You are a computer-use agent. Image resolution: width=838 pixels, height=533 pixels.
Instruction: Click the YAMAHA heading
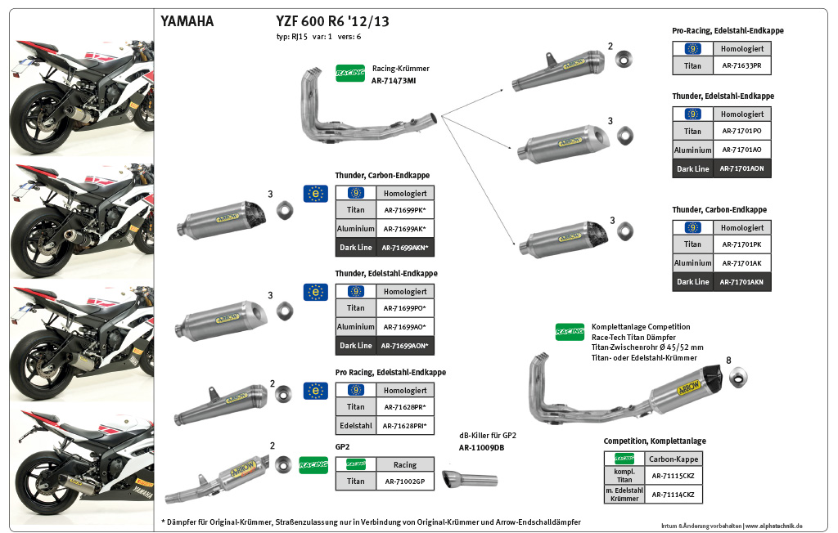(187, 22)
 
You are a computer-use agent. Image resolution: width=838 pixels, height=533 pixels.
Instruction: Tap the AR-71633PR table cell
(741, 65)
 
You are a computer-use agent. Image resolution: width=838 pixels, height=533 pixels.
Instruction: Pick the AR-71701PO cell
(741, 131)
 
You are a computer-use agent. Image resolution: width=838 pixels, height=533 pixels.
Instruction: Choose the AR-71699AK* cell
(405, 229)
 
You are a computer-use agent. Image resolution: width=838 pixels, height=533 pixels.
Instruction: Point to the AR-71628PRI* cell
(405, 426)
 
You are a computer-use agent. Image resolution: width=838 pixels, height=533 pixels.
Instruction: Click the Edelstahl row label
(355, 426)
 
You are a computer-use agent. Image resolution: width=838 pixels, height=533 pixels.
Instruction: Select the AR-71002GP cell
(405, 481)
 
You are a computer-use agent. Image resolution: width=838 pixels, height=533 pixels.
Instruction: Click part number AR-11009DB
(481, 448)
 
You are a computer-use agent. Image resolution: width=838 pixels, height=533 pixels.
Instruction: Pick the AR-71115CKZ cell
(674, 476)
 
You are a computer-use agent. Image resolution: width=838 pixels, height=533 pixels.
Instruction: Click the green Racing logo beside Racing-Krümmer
(349, 73)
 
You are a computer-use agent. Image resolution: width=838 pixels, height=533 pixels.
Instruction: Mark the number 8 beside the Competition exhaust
(728, 359)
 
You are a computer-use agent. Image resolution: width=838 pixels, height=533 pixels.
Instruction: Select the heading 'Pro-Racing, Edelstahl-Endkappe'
(728, 31)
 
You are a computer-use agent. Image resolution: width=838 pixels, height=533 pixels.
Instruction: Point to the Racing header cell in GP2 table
(405, 464)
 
